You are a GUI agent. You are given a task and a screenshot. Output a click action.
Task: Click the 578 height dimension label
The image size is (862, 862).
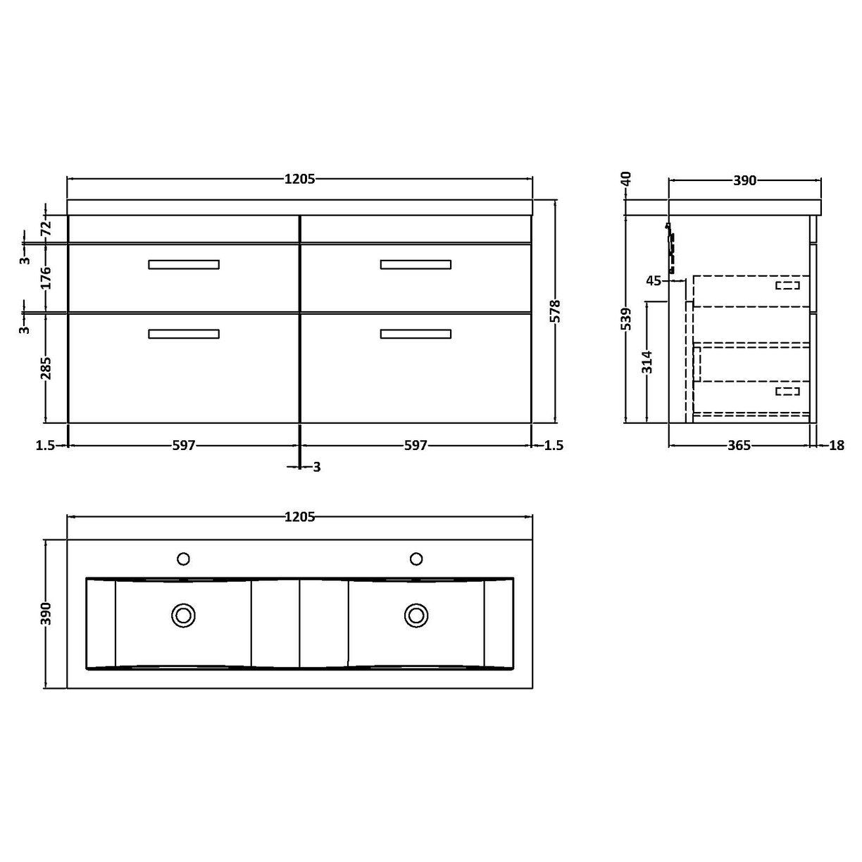555,311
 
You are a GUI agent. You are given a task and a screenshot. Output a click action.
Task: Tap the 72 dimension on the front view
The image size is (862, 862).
46,227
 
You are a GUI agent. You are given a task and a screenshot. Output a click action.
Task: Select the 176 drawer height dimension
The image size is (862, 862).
46,277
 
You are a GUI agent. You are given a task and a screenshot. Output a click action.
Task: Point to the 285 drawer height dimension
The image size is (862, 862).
46,368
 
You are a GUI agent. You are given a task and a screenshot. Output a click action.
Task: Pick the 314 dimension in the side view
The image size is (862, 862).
647,361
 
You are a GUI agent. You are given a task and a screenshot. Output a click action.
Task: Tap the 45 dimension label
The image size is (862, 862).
653,281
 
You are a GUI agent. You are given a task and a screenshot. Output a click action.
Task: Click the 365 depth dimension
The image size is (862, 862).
739,446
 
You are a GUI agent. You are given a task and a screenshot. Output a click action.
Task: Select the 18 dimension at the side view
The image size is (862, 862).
837,446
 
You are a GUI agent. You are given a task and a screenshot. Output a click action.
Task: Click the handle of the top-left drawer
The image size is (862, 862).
184,265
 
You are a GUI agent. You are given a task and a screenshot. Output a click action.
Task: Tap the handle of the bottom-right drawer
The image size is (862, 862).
416,334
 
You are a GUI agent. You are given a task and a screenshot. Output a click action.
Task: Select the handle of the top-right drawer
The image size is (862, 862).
416,265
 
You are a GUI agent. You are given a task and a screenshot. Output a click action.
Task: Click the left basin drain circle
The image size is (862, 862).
184,615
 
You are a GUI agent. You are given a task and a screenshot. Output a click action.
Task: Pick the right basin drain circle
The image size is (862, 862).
416,615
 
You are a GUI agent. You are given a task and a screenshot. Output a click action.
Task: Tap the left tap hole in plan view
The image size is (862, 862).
184,558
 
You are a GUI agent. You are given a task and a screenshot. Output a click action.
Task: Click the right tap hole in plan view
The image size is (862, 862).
416,558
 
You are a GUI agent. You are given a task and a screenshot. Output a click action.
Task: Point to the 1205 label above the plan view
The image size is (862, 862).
299,518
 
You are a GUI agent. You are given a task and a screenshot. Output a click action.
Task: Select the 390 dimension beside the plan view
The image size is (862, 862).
46,614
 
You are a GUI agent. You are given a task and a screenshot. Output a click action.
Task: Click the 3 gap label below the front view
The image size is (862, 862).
317,467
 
